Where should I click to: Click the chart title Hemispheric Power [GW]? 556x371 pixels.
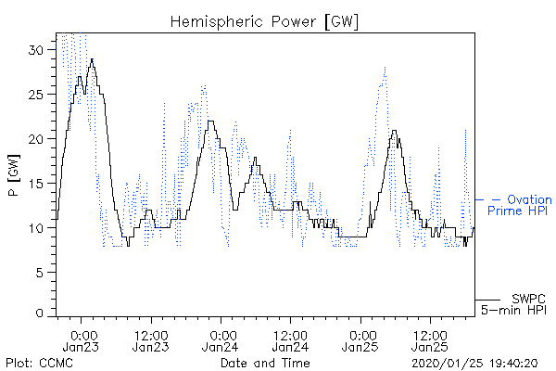coord(264,22)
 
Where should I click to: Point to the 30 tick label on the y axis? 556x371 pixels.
coord(35,50)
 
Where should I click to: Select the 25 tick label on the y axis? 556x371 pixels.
coord(35,95)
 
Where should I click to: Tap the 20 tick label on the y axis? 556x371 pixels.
coord(35,139)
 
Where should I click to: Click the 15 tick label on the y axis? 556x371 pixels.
coord(35,184)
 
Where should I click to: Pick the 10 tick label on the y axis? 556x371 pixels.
coord(35,227)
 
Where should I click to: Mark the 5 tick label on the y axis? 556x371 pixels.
coord(40,273)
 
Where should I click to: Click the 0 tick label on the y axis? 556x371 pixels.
coord(40,313)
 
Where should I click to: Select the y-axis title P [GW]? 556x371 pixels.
coord(14,175)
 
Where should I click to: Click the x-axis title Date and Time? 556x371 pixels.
coord(265,363)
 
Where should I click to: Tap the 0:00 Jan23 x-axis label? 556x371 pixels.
coord(81,340)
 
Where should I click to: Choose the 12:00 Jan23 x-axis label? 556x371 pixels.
coord(151,340)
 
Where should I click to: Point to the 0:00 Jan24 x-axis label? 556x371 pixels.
coord(221,340)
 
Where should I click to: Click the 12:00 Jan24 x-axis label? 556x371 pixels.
coord(290,340)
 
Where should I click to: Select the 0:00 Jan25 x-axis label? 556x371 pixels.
coord(360,340)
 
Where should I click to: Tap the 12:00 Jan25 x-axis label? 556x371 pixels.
coord(430,340)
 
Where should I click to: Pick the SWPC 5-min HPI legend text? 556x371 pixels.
coord(513,304)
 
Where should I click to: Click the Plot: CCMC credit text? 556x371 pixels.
coord(39,363)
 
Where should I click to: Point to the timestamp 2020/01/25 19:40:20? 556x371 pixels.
coord(474,364)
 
